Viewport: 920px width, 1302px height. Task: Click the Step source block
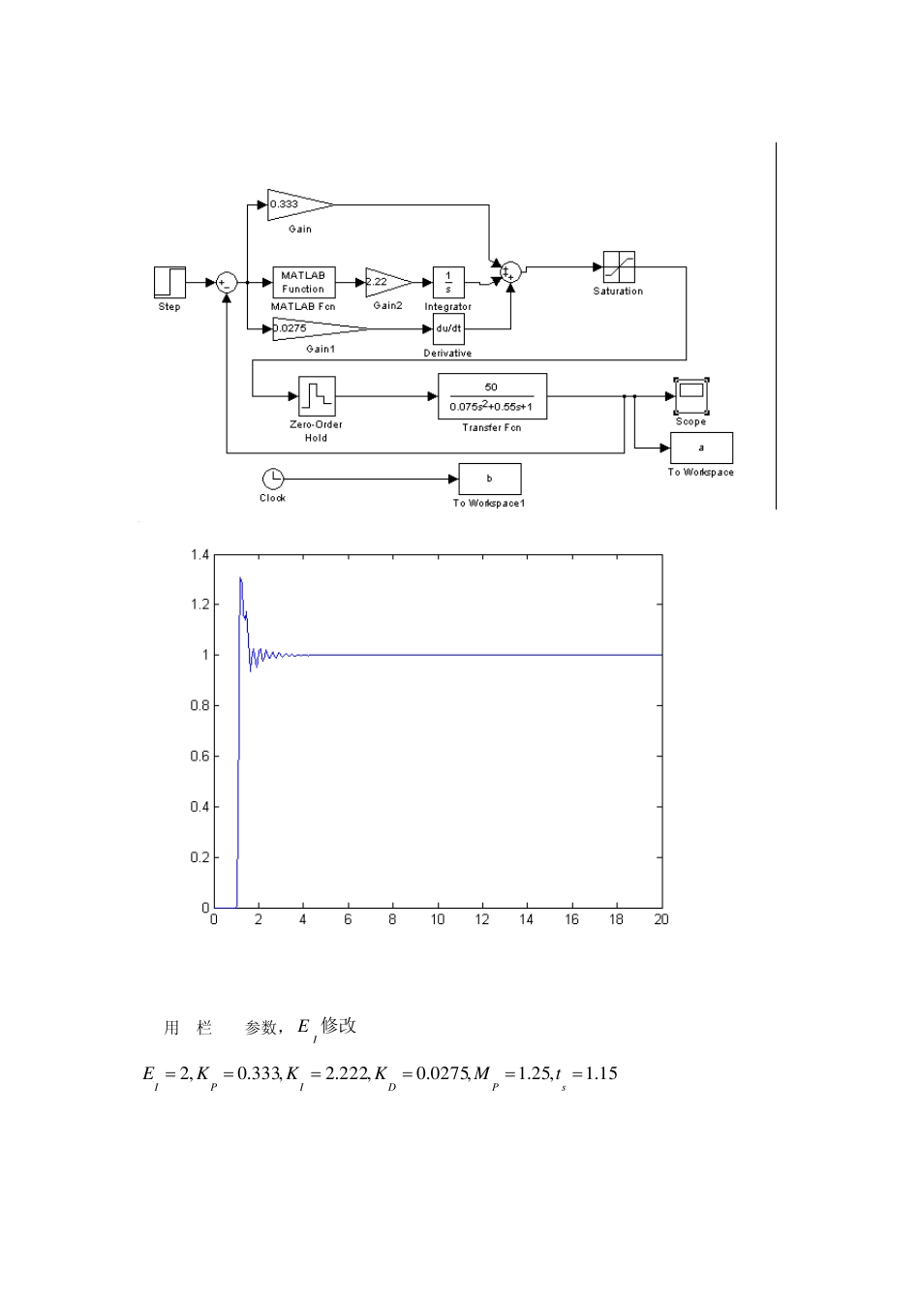pos(169,282)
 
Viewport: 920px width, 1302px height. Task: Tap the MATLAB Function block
pos(304,282)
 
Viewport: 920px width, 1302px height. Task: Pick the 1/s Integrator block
pos(448,282)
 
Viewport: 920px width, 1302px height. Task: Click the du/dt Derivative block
pos(448,328)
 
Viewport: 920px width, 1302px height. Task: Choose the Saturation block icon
pos(619,266)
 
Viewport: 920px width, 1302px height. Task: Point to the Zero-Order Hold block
pos(317,396)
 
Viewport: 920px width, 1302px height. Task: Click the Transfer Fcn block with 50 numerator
pos(492,396)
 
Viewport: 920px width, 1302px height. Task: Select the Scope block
pos(690,392)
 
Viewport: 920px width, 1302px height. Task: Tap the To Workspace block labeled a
pos(701,448)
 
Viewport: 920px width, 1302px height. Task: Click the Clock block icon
pos(273,479)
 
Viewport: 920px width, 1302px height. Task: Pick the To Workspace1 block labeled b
pos(489,479)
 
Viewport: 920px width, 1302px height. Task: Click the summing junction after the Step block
pos(227,282)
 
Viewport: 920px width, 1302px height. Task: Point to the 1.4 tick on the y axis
pos(199,555)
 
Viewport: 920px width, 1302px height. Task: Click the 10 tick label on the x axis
pos(438,919)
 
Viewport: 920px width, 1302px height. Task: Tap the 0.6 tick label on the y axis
pos(199,757)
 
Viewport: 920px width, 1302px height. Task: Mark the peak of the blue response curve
pos(240,578)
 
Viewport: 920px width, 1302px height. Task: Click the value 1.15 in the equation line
pos(601,1073)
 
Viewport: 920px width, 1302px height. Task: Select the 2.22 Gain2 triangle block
pos(386,282)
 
